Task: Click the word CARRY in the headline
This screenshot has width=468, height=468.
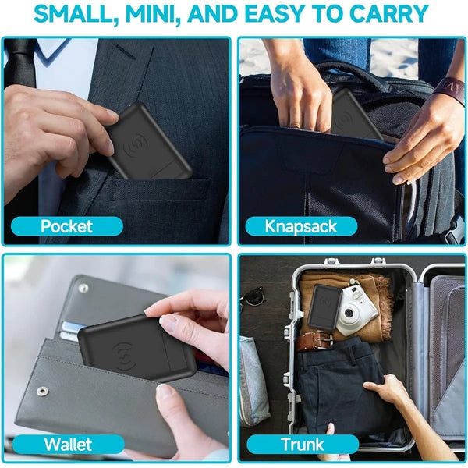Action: click(x=389, y=14)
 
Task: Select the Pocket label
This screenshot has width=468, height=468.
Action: click(x=66, y=226)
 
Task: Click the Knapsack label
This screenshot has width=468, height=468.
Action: click(x=301, y=226)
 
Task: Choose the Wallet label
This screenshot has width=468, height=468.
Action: click(x=68, y=445)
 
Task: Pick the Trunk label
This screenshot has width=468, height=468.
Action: click(x=302, y=444)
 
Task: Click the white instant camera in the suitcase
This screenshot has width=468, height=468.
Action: click(x=356, y=310)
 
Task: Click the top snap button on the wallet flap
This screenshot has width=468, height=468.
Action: click(x=83, y=288)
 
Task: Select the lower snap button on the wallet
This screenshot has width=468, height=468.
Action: click(x=43, y=391)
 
